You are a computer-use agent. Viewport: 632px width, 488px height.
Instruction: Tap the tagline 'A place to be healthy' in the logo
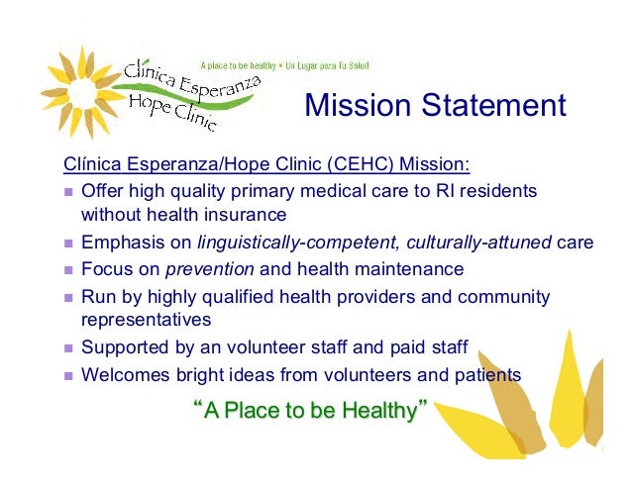[x=240, y=66]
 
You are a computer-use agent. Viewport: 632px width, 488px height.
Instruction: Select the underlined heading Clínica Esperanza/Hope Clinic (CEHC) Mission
[x=266, y=164]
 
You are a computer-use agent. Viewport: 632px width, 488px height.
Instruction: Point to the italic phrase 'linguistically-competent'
[x=285, y=242]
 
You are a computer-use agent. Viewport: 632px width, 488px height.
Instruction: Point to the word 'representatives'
[x=147, y=321]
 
